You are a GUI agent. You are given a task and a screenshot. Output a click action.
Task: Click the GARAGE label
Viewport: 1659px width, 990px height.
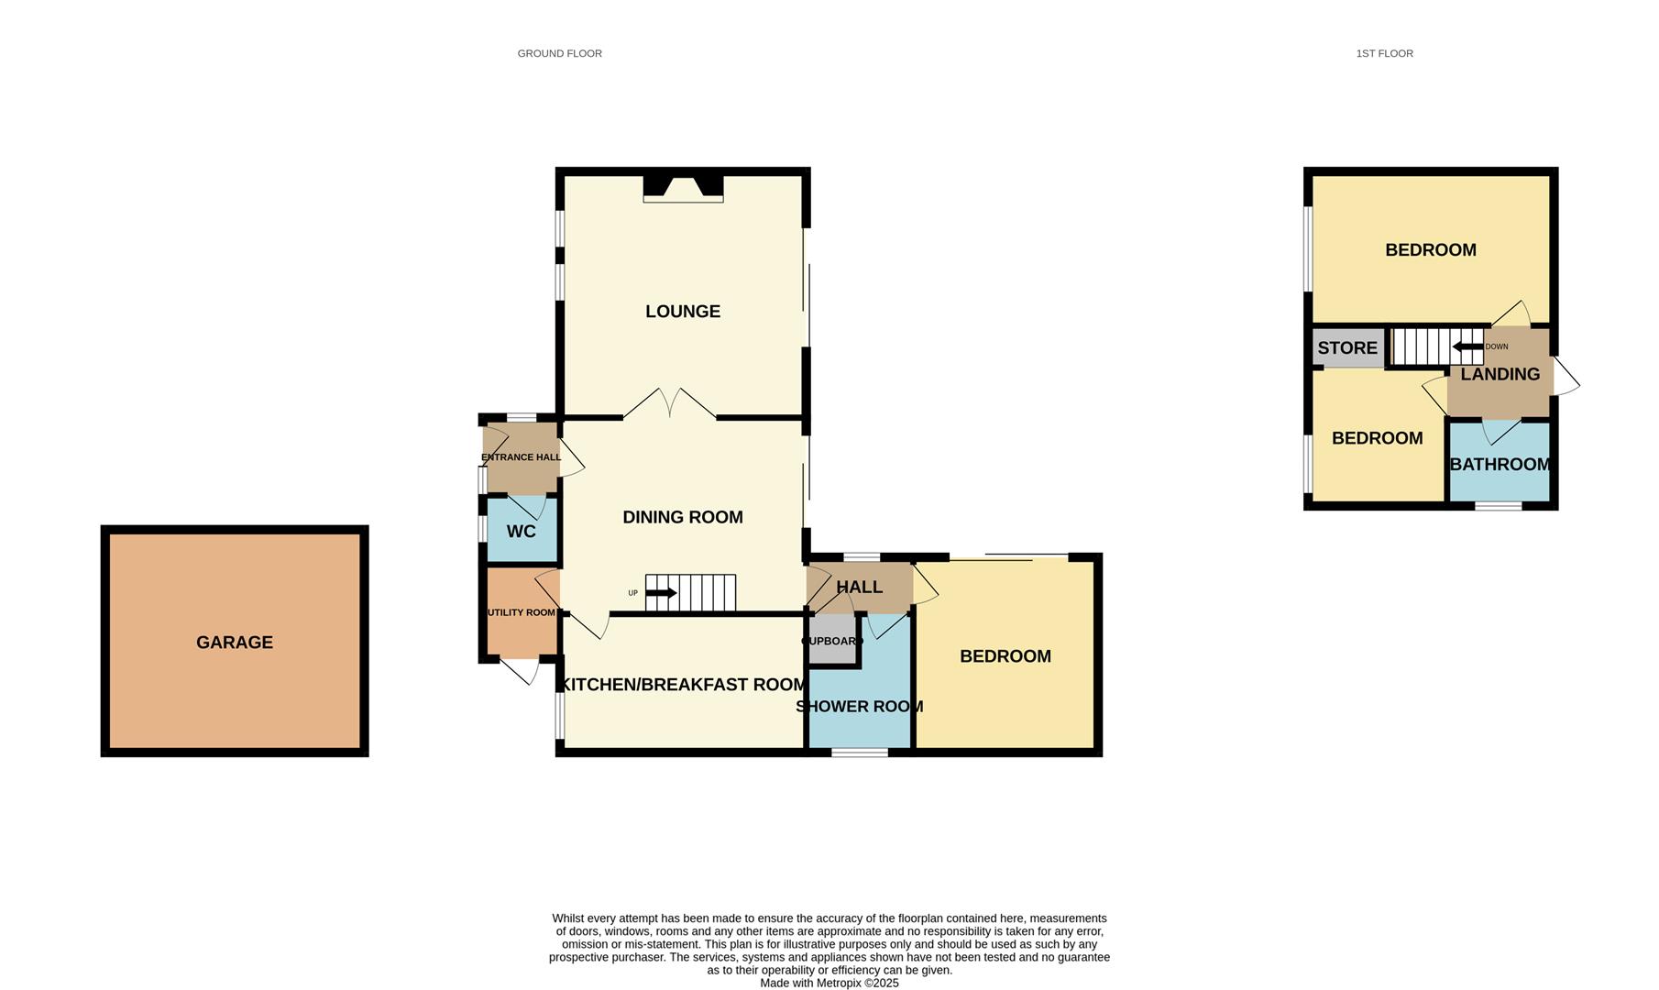tap(235, 643)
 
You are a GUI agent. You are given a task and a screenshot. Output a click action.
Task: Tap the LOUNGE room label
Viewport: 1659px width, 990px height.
tap(683, 312)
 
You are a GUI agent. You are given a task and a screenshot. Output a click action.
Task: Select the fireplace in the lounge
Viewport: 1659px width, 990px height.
tap(683, 188)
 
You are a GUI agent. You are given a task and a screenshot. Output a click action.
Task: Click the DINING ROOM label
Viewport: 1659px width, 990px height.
tap(683, 517)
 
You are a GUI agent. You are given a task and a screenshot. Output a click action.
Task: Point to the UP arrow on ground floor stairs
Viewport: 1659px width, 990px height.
tap(661, 593)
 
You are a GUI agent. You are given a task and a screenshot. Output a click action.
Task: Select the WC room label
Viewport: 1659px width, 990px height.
tap(521, 532)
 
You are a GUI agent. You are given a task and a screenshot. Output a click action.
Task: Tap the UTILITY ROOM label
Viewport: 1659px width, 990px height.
tap(521, 612)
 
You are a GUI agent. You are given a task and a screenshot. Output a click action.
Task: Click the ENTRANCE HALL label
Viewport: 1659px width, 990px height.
tap(521, 457)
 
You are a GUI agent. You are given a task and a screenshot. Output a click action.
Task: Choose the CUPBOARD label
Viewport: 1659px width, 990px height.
tap(832, 641)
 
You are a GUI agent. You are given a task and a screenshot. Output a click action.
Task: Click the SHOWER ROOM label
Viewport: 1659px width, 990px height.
tap(859, 707)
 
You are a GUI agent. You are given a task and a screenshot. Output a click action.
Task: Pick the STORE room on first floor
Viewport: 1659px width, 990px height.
tap(1347, 348)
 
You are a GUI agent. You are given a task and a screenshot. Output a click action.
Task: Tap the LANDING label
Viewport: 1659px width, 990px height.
tap(1500, 374)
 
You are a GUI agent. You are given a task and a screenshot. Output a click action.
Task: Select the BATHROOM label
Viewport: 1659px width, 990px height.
tap(1500, 465)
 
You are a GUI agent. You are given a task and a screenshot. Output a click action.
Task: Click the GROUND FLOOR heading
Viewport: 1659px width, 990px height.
tap(559, 53)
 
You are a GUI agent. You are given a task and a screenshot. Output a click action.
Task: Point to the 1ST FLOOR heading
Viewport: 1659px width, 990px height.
tap(1384, 53)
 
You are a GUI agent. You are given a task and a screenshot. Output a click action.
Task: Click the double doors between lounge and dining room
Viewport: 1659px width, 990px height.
tap(670, 405)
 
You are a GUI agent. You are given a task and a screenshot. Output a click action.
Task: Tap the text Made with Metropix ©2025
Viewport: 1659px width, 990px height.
tap(829, 983)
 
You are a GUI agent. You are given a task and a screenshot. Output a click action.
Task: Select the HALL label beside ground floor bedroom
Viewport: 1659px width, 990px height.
tap(859, 587)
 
